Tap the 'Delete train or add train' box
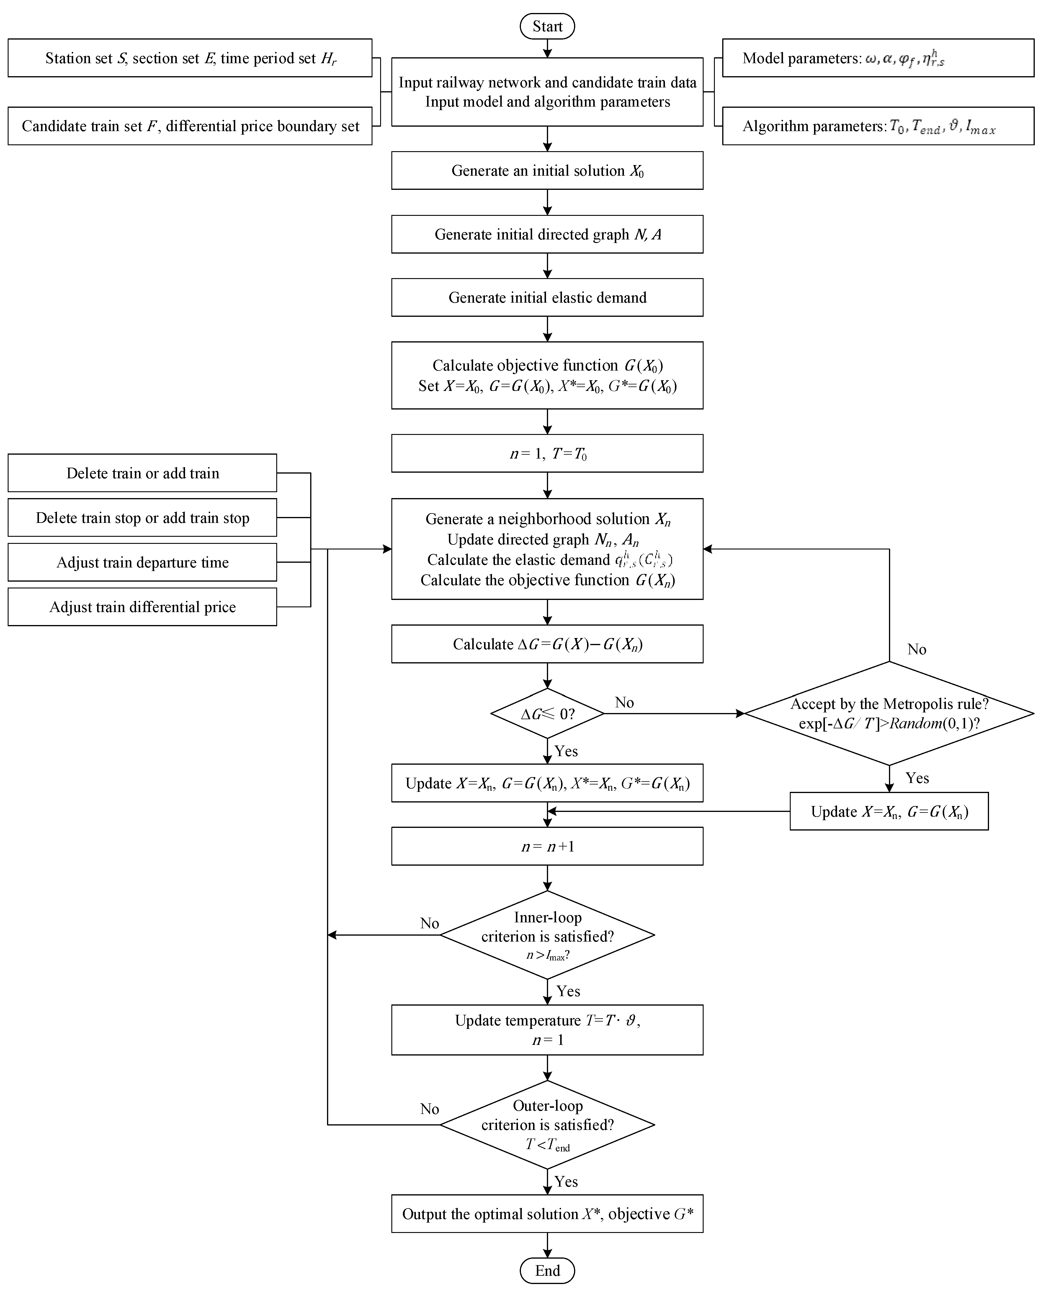(x=142, y=473)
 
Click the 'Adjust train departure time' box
(x=142, y=562)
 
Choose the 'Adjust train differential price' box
(x=142, y=607)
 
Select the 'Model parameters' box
(x=878, y=58)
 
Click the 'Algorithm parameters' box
(x=878, y=126)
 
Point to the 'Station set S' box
(x=189, y=58)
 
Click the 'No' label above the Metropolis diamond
(x=917, y=649)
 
